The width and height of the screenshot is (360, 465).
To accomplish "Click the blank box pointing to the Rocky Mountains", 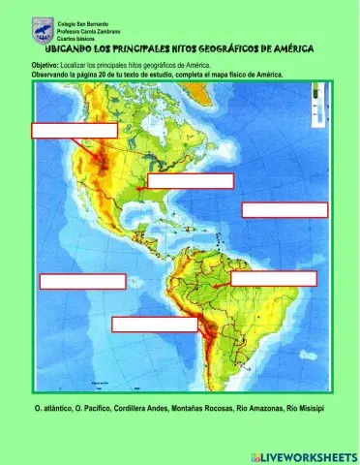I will (x=75, y=130).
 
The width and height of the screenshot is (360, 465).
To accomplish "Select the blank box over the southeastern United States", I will (x=190, y=180).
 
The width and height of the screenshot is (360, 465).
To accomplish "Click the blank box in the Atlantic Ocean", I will (x=285, y=209).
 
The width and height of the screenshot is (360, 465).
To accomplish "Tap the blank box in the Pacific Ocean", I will (x=82, y=282).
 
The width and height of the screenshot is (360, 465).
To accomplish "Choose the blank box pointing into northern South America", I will (x=273, y=278).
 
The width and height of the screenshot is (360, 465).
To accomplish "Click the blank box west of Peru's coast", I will (x=154, y=325).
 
